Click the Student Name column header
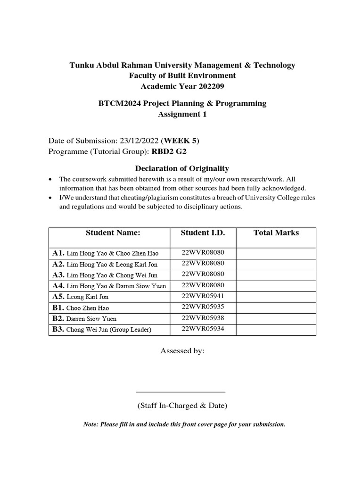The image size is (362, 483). coord(113,233)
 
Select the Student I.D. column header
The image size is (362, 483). coord(203,233)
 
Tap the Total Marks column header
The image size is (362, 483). coord(276,233)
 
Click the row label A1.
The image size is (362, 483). coord(58,253)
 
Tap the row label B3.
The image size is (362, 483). coord(58,329)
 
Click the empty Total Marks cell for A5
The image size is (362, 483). coord(276,297)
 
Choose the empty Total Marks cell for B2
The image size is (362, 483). coord(276,318)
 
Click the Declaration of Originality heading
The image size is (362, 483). coord(182,168)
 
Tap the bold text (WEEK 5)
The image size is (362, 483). coord(177,141)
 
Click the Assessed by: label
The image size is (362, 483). coord(182,351)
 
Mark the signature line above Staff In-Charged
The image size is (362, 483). coord(181,391)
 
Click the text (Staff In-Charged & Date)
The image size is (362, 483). coord(182,406)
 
